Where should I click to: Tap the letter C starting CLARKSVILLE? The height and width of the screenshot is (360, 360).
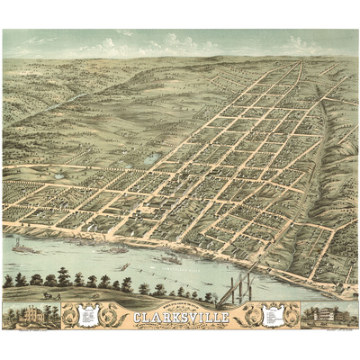(137, 316)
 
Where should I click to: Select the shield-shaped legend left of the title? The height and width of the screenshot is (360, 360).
(87, 315)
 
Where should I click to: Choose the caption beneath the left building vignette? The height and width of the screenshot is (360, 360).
(31, 328)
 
